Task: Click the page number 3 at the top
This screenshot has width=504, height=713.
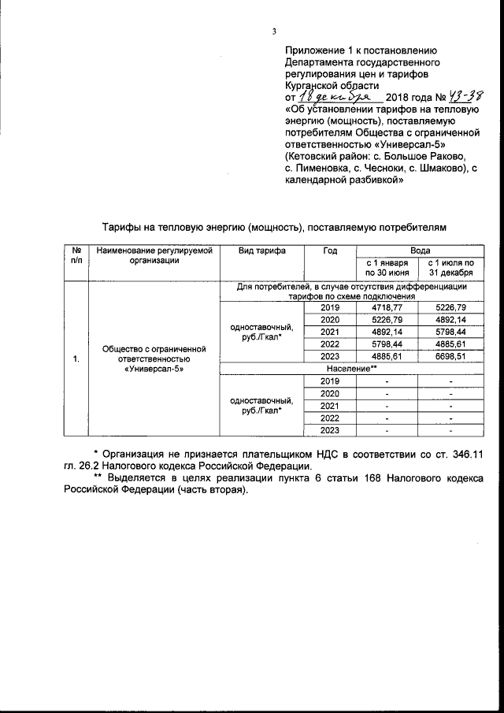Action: [274, 32]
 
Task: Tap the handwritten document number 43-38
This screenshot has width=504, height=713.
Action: [465, 96]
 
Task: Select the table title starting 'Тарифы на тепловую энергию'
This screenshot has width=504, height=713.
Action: [276, 227]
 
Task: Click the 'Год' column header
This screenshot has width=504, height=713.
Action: [330, 251]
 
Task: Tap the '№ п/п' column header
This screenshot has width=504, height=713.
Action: [76, 255]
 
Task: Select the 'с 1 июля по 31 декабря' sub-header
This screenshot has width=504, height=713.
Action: [447, 267]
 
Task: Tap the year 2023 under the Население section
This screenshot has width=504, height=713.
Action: [330, 430]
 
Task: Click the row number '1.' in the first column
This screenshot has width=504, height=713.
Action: [76, 359]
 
